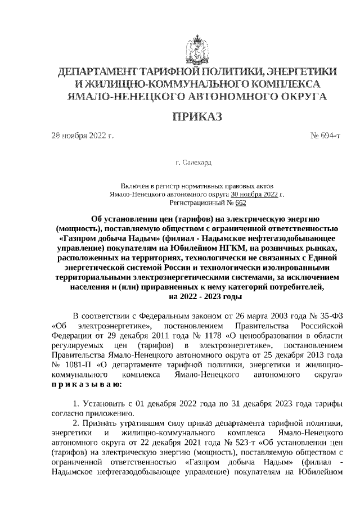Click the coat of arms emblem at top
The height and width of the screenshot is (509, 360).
click(x=197, y=49)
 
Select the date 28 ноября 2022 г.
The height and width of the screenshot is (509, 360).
click(x=83, y=136)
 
